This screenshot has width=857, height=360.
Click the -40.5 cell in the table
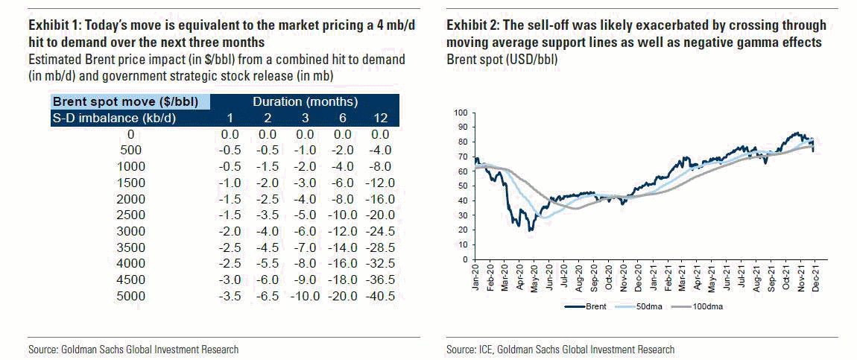pos(380,297)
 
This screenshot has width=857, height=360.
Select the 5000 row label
pos(130,297)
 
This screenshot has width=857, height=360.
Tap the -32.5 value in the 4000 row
pos(380,264)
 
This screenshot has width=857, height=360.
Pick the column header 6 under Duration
pos(342,118)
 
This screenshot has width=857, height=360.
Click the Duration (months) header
pos(305,101)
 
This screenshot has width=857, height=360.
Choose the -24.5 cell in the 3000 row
pos(380,232)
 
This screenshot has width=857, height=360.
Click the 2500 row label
pos(130,215)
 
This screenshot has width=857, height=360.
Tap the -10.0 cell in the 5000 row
pos(305,297)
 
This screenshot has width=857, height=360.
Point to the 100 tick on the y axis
pos(460,113)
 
